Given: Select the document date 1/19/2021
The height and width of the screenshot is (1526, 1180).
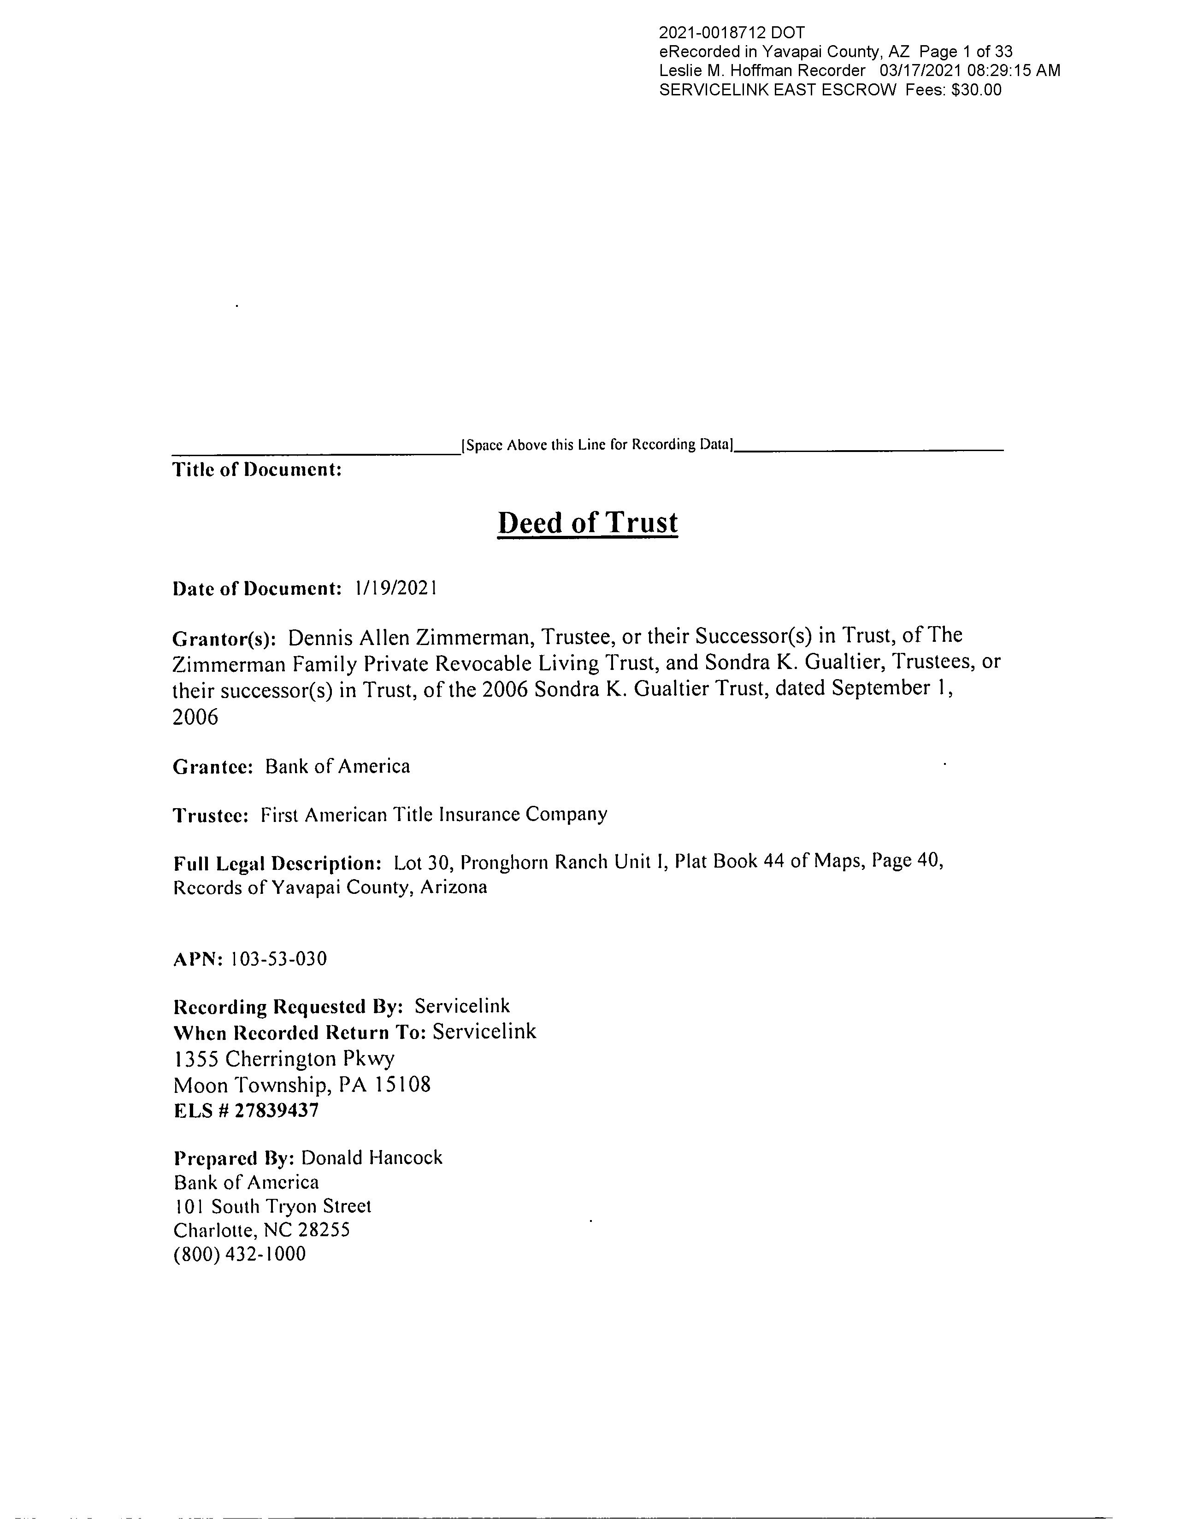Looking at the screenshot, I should point(396,588).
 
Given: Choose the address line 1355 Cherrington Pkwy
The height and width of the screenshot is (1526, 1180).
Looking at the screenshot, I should point(284,1059).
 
